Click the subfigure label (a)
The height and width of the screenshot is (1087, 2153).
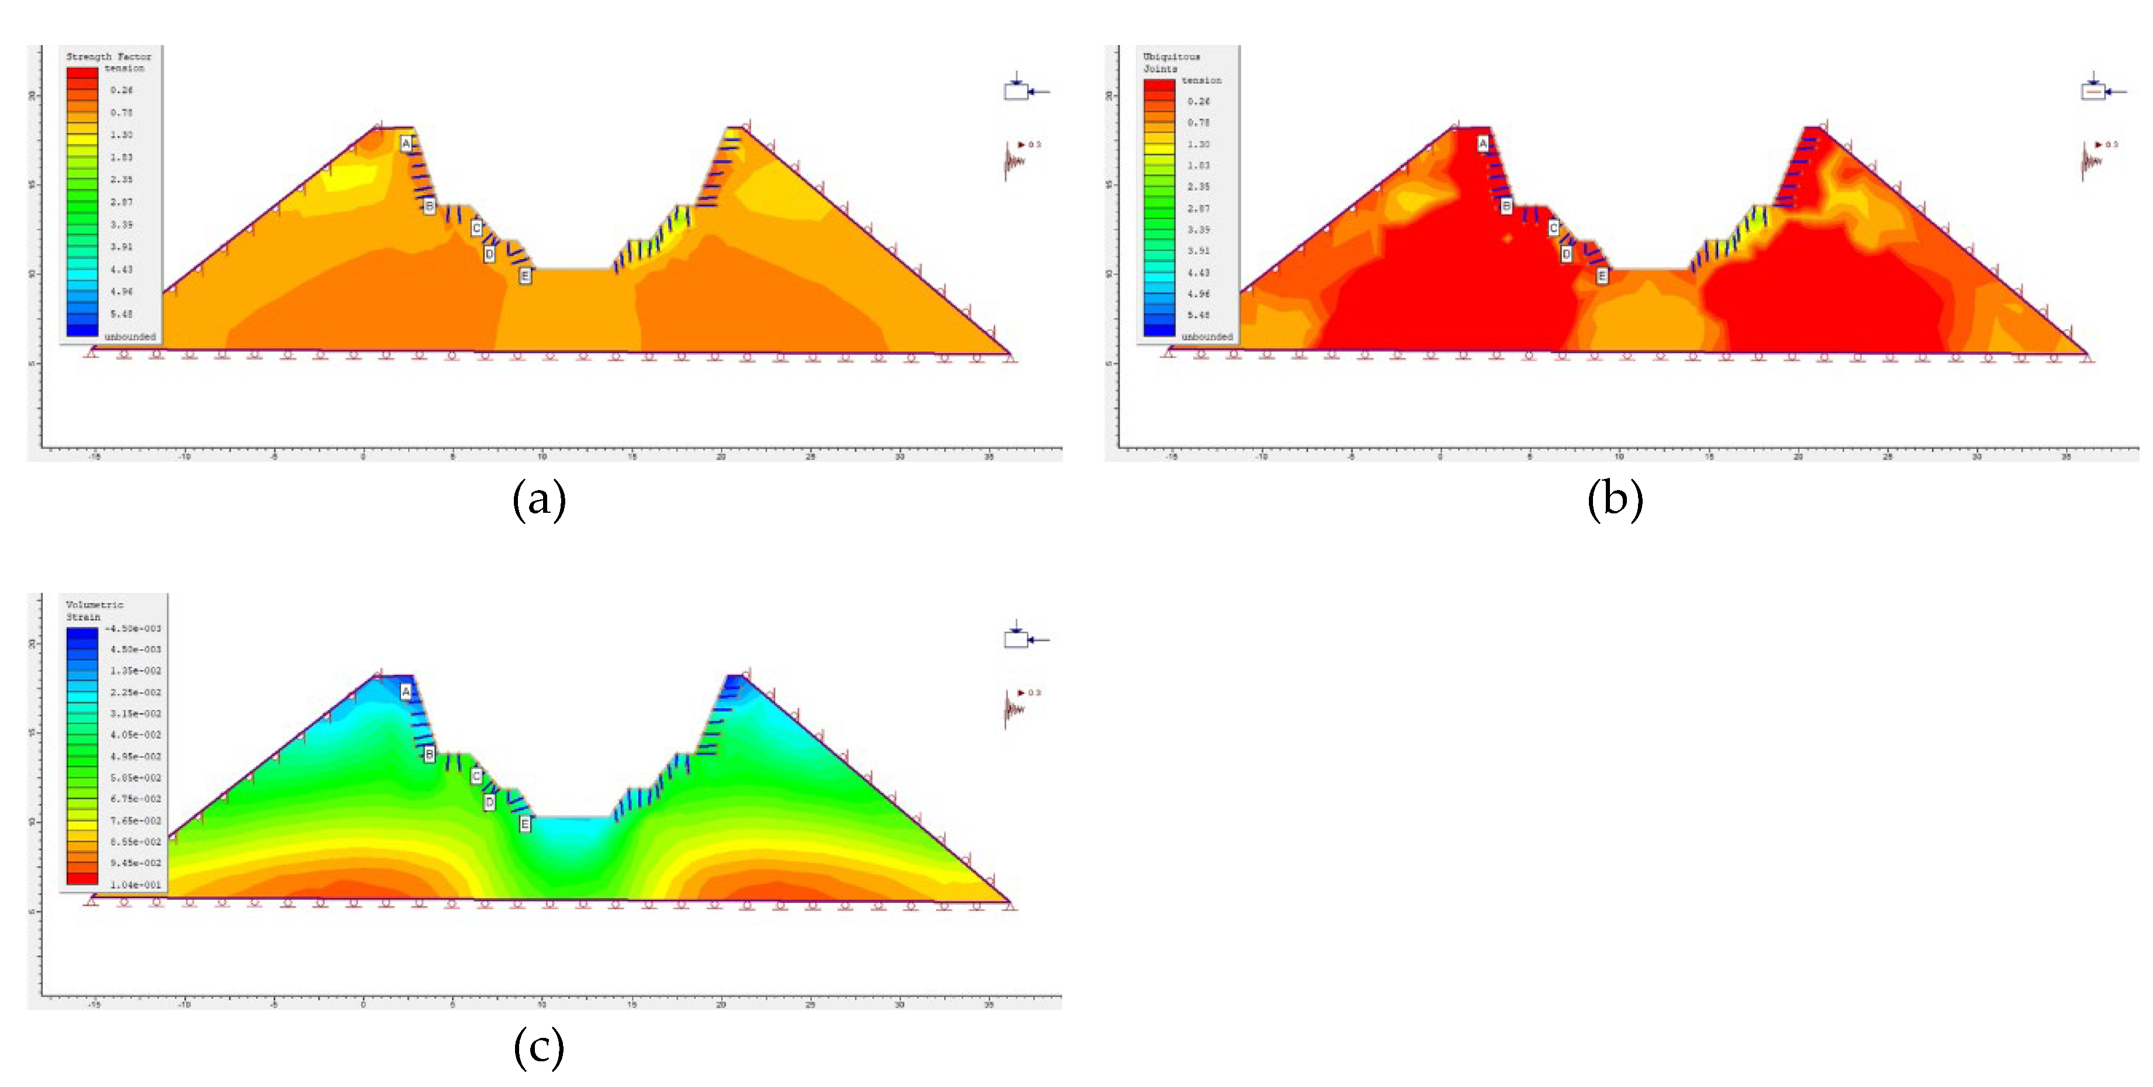[539, 499]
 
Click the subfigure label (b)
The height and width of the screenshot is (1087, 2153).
[1615, 499]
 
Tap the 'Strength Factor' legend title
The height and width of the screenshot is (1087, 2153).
[109, 57]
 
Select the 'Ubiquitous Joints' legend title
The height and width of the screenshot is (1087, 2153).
[1171, 62]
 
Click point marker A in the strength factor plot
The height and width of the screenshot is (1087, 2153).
[406, 144]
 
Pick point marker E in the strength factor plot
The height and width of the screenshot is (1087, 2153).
[525, 275]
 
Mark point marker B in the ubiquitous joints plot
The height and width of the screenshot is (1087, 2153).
[1506, 206]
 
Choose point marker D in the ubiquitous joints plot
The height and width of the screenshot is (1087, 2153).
[1566, 253]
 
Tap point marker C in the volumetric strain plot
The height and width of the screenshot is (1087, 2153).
[476, 776]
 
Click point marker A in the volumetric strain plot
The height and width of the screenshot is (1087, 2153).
[406, 692]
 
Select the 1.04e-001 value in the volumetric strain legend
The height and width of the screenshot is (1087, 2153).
[136, 884]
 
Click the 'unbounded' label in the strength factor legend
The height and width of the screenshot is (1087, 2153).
[130, 336]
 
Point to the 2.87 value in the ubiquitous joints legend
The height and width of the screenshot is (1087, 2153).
[1198, 208]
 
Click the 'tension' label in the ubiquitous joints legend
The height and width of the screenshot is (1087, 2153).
[1201, 80]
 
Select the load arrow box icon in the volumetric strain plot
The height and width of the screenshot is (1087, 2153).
[1017, 638]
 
